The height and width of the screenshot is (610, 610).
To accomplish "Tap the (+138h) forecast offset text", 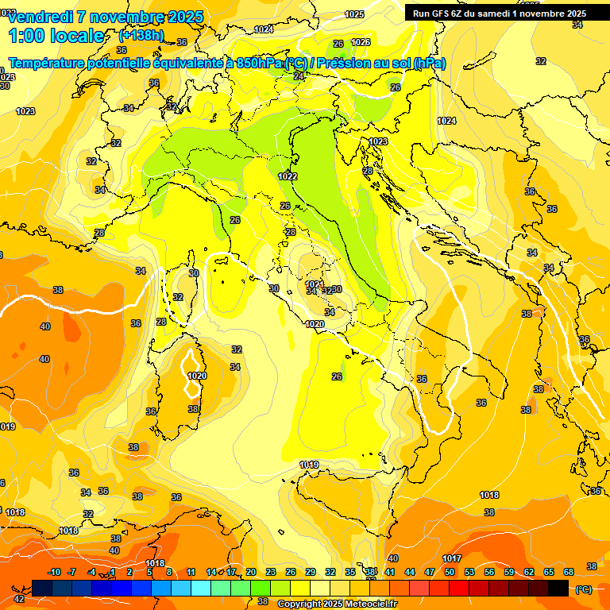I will click(141, 36).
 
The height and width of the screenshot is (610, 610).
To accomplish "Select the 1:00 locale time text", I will click(56, 36).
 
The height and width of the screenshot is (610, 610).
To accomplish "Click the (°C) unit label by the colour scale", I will click(584, 589).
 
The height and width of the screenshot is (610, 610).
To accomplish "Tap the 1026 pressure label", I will click(361, 42).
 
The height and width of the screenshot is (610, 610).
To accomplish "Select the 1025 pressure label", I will click(354, 14).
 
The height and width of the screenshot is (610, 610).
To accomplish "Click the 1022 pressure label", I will click(288, 176).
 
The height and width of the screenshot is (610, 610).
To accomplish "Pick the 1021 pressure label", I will click(314, 284).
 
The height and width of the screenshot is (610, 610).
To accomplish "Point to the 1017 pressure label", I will click(452, 558).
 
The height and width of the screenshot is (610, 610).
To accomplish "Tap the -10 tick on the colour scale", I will click(54, 572).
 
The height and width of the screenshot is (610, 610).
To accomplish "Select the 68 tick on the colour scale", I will click(569, 572).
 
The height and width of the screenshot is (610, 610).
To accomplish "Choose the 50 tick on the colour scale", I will click(450, 572).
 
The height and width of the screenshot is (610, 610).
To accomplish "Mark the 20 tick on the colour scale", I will click(251, 572).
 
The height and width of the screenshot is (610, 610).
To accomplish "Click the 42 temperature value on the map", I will click(19, 599).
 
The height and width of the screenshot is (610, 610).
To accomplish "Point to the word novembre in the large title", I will click(119, 17).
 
